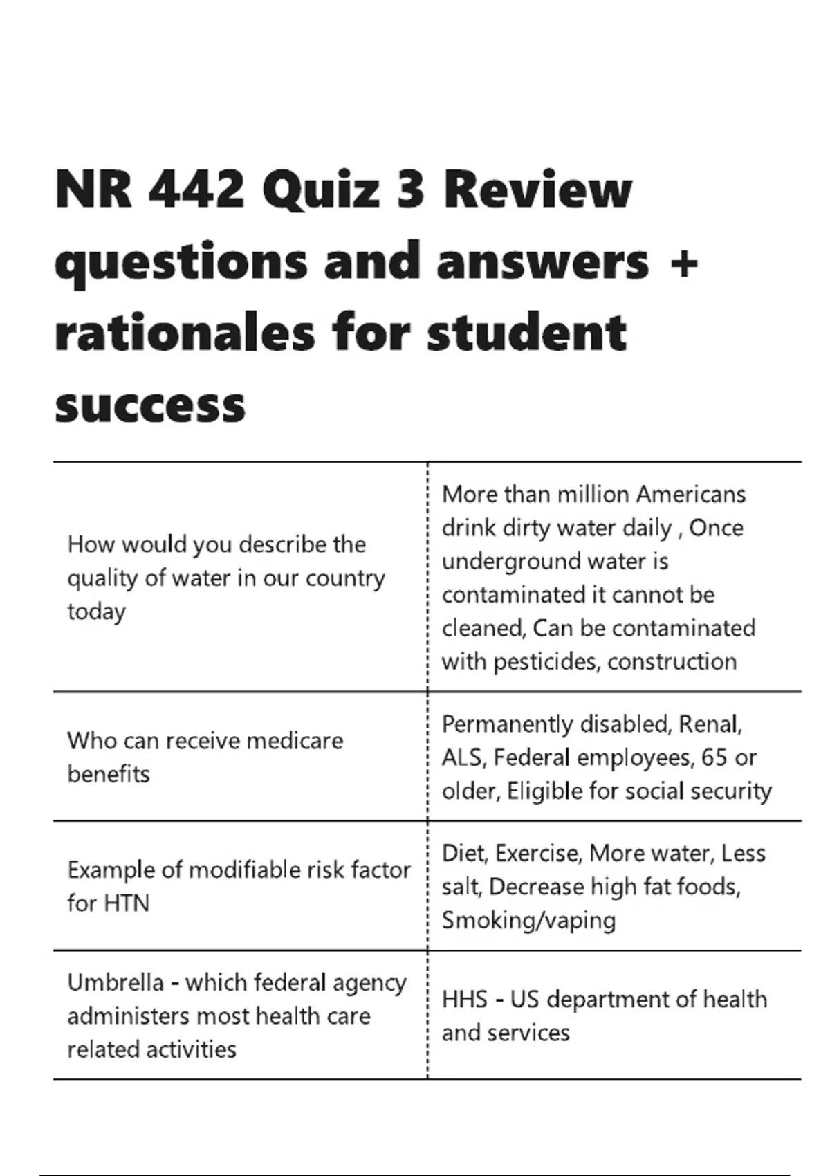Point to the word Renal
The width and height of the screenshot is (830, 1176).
[x=710, y=724]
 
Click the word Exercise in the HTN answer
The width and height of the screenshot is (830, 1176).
[x=537, y=854]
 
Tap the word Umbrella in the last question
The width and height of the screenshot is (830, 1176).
[x=116, y=982]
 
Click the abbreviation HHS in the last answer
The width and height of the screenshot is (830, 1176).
[x=464, y=1000]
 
